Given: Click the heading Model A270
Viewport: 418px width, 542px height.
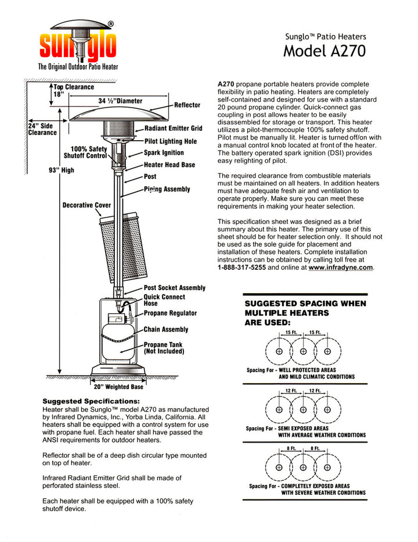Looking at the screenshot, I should [325, 51].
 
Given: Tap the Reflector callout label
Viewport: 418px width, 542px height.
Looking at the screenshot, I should [187, 105].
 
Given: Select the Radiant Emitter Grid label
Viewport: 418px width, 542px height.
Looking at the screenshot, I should [173, 128].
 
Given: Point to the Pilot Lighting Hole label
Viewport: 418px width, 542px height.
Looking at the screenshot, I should [171, 141].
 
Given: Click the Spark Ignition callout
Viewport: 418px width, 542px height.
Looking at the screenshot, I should [164, 153].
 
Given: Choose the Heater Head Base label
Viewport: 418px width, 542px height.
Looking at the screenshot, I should [170, 165].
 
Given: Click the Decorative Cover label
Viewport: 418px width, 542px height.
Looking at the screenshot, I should [87, 205].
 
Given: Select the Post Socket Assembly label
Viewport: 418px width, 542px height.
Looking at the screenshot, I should [174, 288].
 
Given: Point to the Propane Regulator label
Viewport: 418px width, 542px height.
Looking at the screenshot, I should [170, 313].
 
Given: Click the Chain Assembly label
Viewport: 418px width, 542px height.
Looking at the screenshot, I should [166, 330].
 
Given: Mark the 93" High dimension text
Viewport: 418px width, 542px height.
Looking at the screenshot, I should [62, 170].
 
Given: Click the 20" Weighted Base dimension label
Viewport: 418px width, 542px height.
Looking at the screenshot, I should [118, 387].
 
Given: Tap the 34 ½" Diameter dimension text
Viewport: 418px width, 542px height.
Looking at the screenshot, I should [120, 101].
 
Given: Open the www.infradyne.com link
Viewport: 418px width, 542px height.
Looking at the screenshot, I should [341, 268].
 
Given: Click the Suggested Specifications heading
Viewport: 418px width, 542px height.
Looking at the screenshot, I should [91, 401].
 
